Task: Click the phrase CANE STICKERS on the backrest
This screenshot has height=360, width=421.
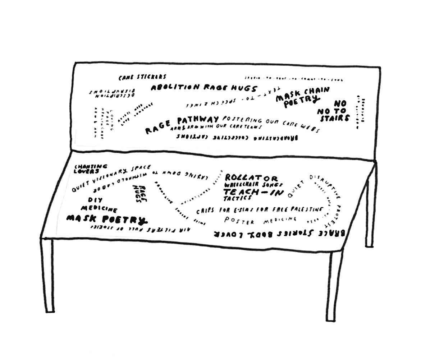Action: coord(142,77)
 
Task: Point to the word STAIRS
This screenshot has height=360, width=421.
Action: coord(334,118)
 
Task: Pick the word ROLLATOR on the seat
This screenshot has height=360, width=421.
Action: coord(251,178)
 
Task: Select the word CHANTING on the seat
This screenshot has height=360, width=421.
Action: coord(91,166)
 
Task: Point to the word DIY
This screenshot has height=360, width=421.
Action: coord(95,200)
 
